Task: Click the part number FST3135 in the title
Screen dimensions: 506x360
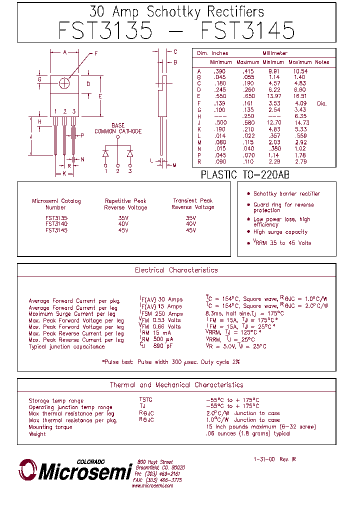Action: click(x=105, y=31)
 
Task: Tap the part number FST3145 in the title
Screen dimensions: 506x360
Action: click(x=247, y=31)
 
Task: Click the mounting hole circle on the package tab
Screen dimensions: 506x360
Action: click(x=64, y=83)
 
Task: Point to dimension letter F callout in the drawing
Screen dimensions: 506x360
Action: click(x=95, y=53)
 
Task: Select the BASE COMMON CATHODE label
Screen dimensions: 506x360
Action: click(x=118, y=128)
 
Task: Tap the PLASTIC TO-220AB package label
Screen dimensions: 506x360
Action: click(x=244, y=175)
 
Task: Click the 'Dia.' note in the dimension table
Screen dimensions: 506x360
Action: click(x=321, y=103)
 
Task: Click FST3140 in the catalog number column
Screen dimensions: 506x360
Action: click(x=56, y=224)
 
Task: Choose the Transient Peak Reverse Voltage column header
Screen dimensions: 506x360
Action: click(x=192, y=204)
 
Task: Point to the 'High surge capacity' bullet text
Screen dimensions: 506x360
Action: click(x=280, y=232)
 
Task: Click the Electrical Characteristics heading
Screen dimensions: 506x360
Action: click(x=176, y=270)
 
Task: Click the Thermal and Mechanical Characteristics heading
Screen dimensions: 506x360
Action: click(x=176, y=385)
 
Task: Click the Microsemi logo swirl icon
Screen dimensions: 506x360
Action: click(x=28, y=470)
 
